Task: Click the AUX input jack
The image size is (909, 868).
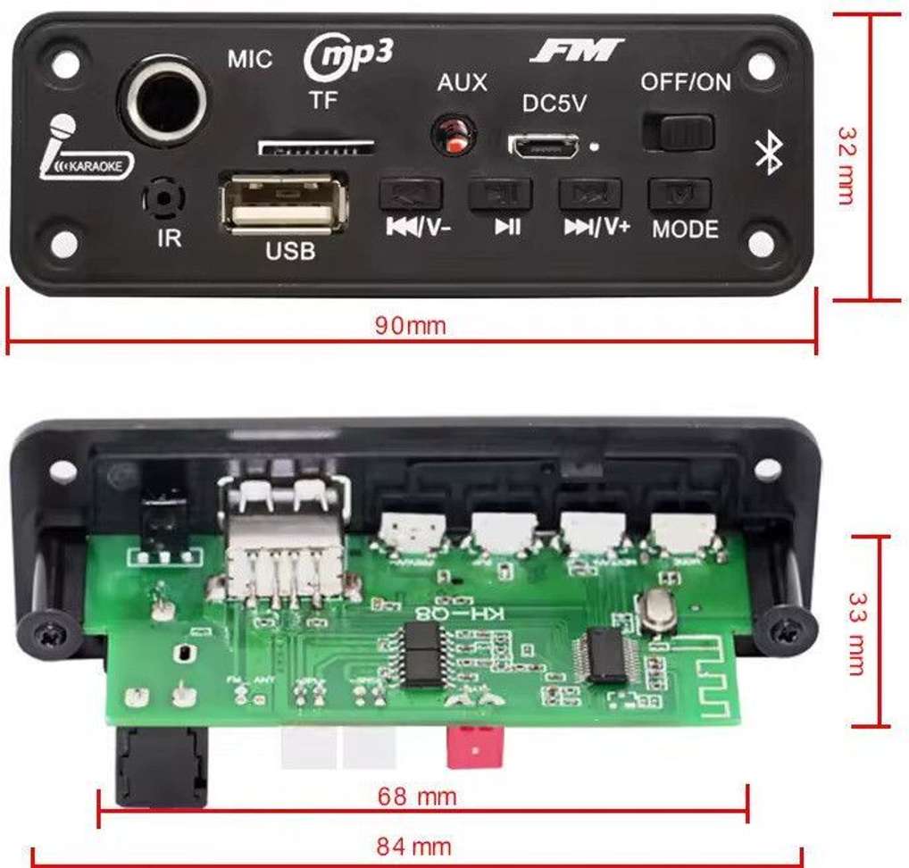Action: (x=454, y=135)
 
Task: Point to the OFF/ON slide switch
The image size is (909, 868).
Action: (x=678, y=132)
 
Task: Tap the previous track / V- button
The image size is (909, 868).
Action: (x=410, y=194)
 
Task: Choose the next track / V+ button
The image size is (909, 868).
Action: (x=589, y=194)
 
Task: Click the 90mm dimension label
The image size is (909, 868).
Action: (x=410, y=326)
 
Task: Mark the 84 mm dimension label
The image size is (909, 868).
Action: (x=413, y=847)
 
